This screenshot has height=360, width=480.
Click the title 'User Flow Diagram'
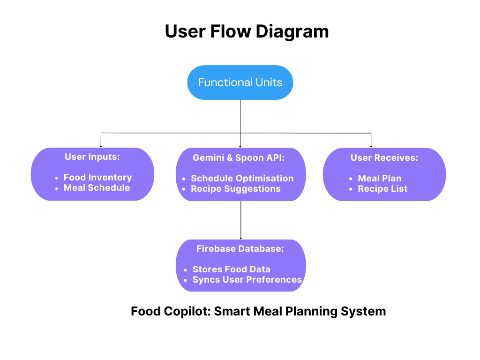click(x=247, y=31)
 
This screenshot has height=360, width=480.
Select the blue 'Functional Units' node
click(x=240, y=82)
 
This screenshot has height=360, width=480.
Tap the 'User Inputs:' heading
click(x=92, y=157)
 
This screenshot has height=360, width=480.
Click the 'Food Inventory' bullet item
click(x=97, y=177)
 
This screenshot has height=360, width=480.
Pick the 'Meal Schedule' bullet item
click(x=97, y=187)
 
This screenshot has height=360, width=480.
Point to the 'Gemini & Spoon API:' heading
click(x=239, y=158)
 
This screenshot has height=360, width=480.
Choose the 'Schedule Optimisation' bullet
click(x=242, y=178)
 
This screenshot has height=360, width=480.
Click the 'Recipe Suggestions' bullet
click(x=235, y=188)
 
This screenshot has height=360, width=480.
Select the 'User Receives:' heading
click(x=384, y=158)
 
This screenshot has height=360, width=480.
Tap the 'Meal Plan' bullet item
click(x=379, y=178)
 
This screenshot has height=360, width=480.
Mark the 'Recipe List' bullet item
click(x=382, y=188)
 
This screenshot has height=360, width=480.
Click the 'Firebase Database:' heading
click(x=240, y=249)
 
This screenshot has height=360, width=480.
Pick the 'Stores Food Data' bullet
click(x=231, y=269)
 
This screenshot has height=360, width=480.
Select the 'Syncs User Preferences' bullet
click(x=247, y=279)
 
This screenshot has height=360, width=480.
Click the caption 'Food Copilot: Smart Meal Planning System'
click(x=258, y=311)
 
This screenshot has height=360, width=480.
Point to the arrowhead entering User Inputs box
click(x=101, y=146)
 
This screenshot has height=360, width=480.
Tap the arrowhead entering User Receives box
click(x=371, y=146)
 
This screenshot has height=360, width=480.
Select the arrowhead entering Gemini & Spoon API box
click(x=240, y=146)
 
